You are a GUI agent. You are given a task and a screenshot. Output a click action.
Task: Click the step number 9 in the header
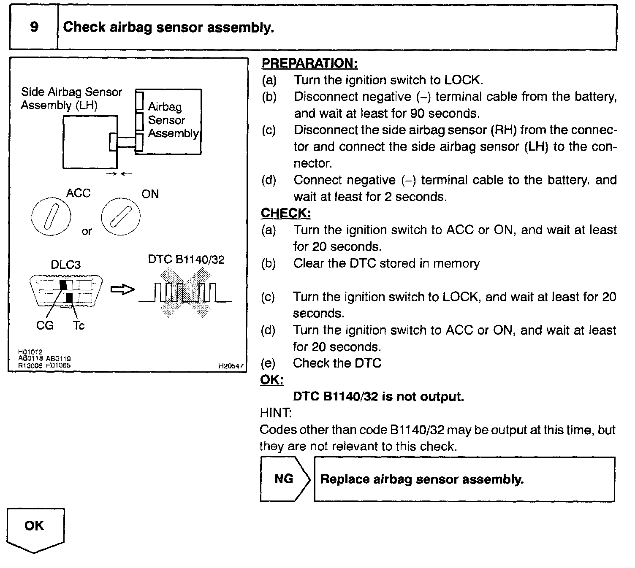tap(34, 27)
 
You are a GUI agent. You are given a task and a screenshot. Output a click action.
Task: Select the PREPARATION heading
tap(309, 64)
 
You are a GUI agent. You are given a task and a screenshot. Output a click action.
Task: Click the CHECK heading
tap(286, 214)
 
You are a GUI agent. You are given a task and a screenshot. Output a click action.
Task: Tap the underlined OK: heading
tap(271, 380)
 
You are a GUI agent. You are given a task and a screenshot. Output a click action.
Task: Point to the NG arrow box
tap(285, 479)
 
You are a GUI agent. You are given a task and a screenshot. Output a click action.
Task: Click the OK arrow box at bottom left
tap(35, 529)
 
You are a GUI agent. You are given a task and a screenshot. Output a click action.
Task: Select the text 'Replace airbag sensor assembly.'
tap(422, 479)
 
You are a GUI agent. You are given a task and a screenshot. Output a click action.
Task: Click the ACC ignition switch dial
tap(51, 217)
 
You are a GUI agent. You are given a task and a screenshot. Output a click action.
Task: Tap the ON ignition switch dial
tap(120, 217)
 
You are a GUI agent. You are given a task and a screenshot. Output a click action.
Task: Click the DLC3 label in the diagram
tap(65, 265)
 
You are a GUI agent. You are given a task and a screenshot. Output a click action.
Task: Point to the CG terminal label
tap(45, 325)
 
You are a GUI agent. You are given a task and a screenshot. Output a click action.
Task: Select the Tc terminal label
tap(79, 325)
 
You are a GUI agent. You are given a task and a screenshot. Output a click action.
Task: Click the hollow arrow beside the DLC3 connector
tap(122, 289)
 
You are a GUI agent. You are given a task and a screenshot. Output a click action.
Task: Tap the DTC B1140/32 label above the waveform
tap(186, 259)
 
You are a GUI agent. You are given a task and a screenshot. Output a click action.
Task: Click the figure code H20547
tap(231, 366)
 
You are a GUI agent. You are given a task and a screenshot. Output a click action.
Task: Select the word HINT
tap(275, 413)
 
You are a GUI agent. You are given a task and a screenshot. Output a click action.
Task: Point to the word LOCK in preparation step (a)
tap(464, 80)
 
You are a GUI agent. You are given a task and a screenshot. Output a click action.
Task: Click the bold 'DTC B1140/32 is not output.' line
tap(378, 397)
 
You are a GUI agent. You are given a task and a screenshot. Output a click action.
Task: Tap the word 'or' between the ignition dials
tap(87, 231)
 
